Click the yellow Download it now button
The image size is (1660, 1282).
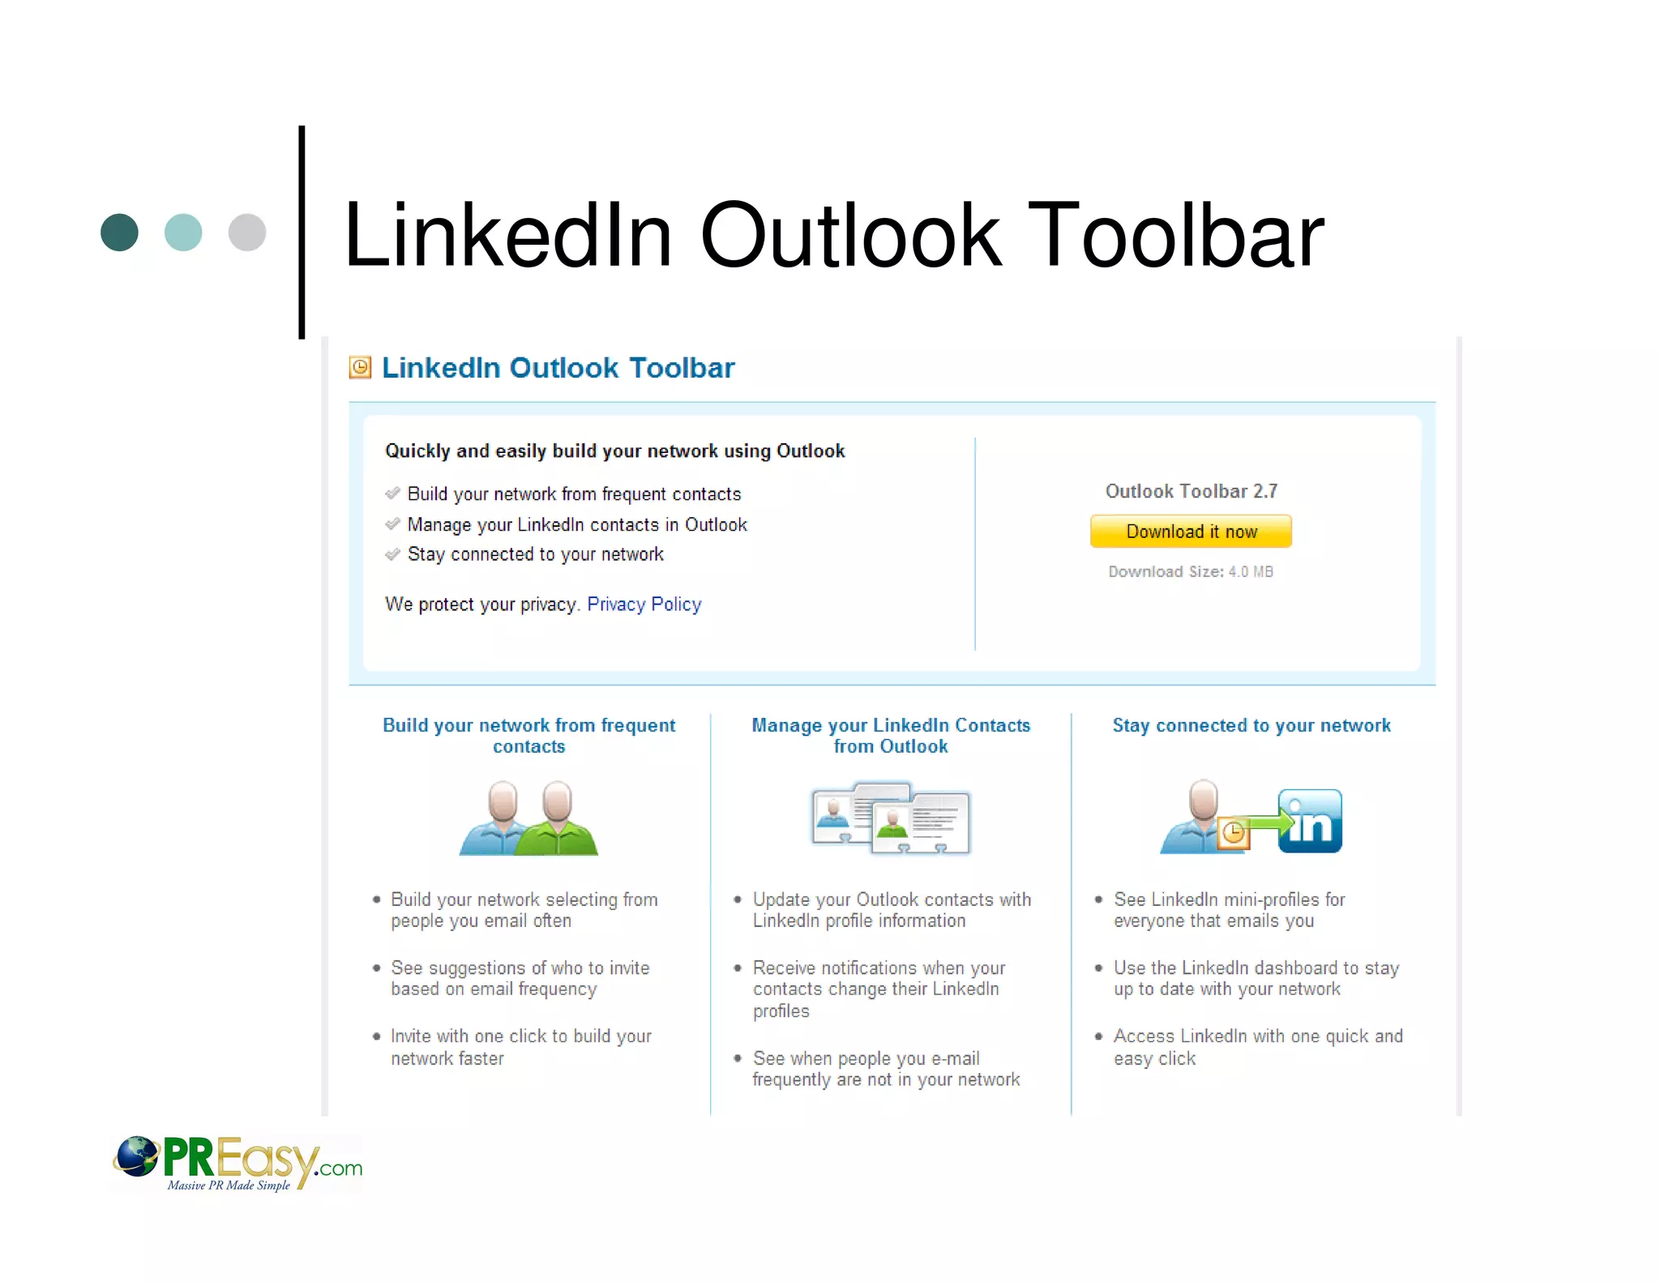coord(1190,532)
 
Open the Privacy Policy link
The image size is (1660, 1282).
coord(644,605)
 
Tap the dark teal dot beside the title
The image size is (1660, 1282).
coord(119,233)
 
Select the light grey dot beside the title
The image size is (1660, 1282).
coord(247,233)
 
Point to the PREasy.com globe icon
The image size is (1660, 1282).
coord(136,1156)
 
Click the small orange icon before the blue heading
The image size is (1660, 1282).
coord(360,368)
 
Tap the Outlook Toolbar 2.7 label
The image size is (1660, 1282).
coord(1191,491)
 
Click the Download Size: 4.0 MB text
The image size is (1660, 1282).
coord(1190,572)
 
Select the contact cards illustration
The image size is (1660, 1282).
coord(890,818)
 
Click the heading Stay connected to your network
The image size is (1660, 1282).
coord(1251,725)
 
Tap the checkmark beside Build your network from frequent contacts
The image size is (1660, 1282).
coord(393,494)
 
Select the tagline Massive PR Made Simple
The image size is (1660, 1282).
coord(229,1186)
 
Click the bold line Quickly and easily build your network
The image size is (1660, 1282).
coord(614,451)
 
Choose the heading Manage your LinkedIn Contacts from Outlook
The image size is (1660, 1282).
coord(891,736)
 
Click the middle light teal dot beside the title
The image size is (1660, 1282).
coord(183,233)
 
